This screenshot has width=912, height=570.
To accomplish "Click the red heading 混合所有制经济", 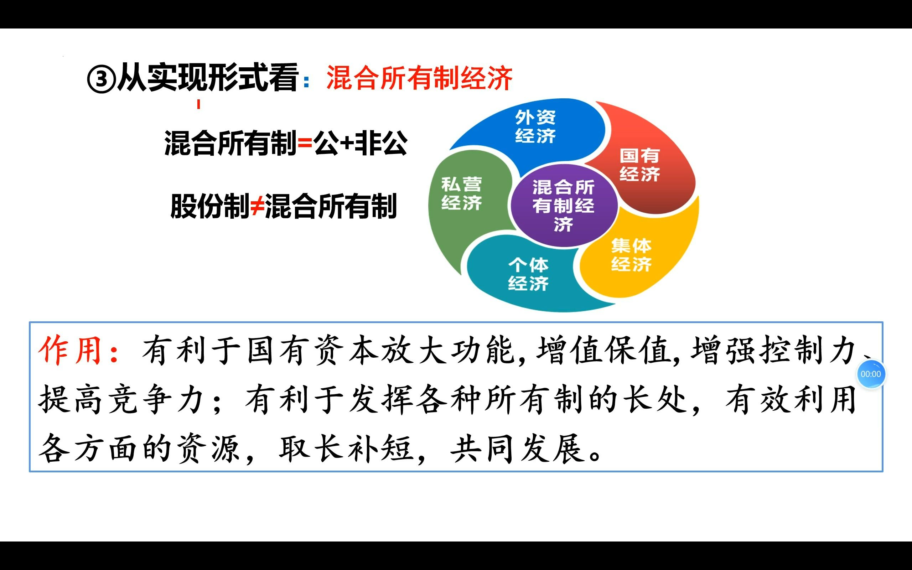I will click(419, 78).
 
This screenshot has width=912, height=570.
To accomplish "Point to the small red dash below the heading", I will click(198, 104).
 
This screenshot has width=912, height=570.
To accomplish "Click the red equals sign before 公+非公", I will click(305, 144).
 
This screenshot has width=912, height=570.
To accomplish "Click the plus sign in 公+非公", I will click(346, 144).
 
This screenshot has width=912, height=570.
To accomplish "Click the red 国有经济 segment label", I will click(639, 165).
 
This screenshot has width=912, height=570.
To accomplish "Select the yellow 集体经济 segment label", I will click(631, 255).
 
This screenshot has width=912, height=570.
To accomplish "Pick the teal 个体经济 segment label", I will click(528, 274).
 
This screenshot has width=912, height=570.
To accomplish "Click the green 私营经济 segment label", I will click(461, 193).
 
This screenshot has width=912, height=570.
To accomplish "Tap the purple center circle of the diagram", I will click(563, 206).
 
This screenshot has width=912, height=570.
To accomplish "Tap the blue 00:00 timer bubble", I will click(871, 374).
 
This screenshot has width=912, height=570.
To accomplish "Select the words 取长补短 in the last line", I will click(346, 449).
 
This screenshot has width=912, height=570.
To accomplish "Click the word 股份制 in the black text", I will click(209, 206).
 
